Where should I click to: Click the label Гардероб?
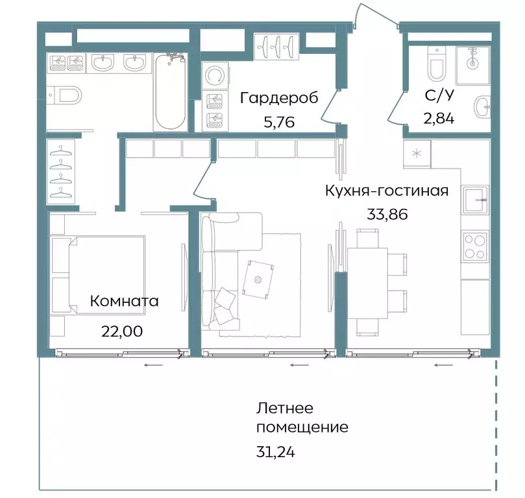click(x=279, y=98)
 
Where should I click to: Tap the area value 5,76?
click(x=279, y=121)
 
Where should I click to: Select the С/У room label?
click(x=439, y=95)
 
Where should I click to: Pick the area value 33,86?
click(x=387, y=215)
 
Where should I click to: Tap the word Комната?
click(x=124, y=301)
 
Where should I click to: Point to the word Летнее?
click(x=285, y=409)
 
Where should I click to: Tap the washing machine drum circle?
click(x=213, y=77)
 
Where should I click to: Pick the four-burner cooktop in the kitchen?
click(x=475, y=246)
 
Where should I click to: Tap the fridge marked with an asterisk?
click(x=416, y=153)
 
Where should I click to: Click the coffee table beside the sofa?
click(x=258, y=279)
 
